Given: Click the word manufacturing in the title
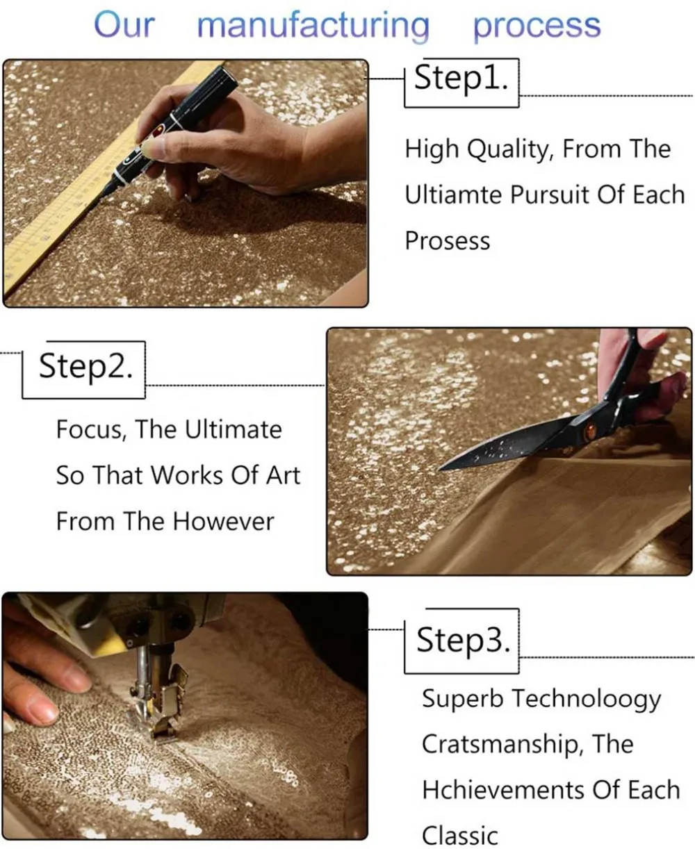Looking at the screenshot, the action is (x=313, y=26).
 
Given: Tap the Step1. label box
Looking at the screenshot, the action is (x=461, y=83).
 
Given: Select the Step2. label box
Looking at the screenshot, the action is (x=84, y=370).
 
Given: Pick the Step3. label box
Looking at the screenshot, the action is (x=461, y=641).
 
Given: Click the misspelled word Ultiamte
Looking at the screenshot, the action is (x=455, y=195).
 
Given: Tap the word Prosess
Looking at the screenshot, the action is (x=448, y=241).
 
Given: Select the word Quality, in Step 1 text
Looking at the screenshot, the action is (x=511, y=150).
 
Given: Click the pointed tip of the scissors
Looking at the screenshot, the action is (x=440, y=470).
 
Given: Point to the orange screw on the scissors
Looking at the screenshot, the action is (x=589, y=432).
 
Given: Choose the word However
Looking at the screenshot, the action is (x=224, y=522).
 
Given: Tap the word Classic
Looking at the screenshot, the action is (x=460, y=836).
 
